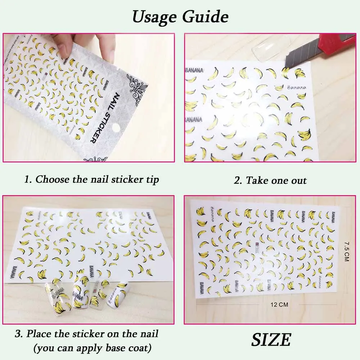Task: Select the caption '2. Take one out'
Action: coord(270,180)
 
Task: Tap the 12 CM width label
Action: coord(280,305)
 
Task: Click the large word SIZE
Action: coord(271,339)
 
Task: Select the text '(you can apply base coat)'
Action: coord(92,348)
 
